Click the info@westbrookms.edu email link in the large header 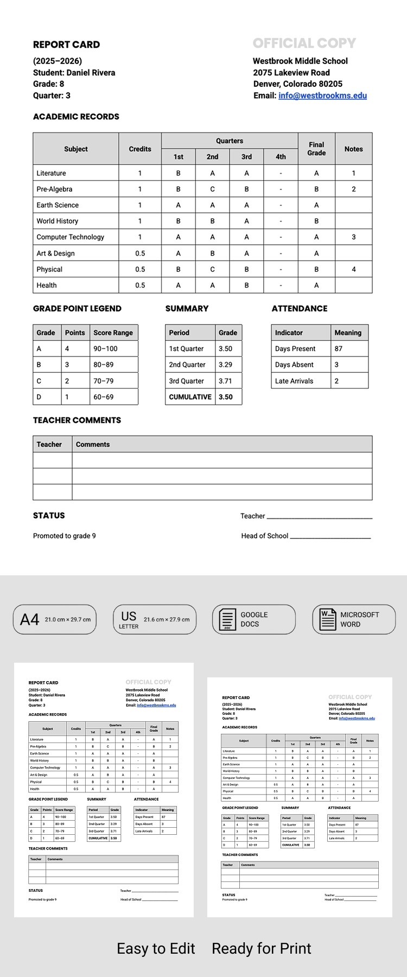coord(322,96)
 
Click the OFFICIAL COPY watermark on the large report coord(304,43)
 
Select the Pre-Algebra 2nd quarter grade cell coord(212,189)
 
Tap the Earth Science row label coord(58,205)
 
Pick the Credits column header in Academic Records coord(140,149)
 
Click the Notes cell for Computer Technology coord(353,237)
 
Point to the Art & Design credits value coord(140,253)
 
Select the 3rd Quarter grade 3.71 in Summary coord(225,381)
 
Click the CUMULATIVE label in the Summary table coord(190,397)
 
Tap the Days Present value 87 coord(339,348)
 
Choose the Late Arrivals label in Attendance coord(294,381)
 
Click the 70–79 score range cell coord(104,381)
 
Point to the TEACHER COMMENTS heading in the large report coord(77,420)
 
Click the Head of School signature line coord(330,536)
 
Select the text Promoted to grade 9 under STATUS coord(65,536)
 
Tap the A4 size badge coord(54,619)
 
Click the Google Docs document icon coord(227,619)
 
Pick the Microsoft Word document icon coord(328,619)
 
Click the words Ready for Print coord(261,948)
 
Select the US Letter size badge coord(155,619)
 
